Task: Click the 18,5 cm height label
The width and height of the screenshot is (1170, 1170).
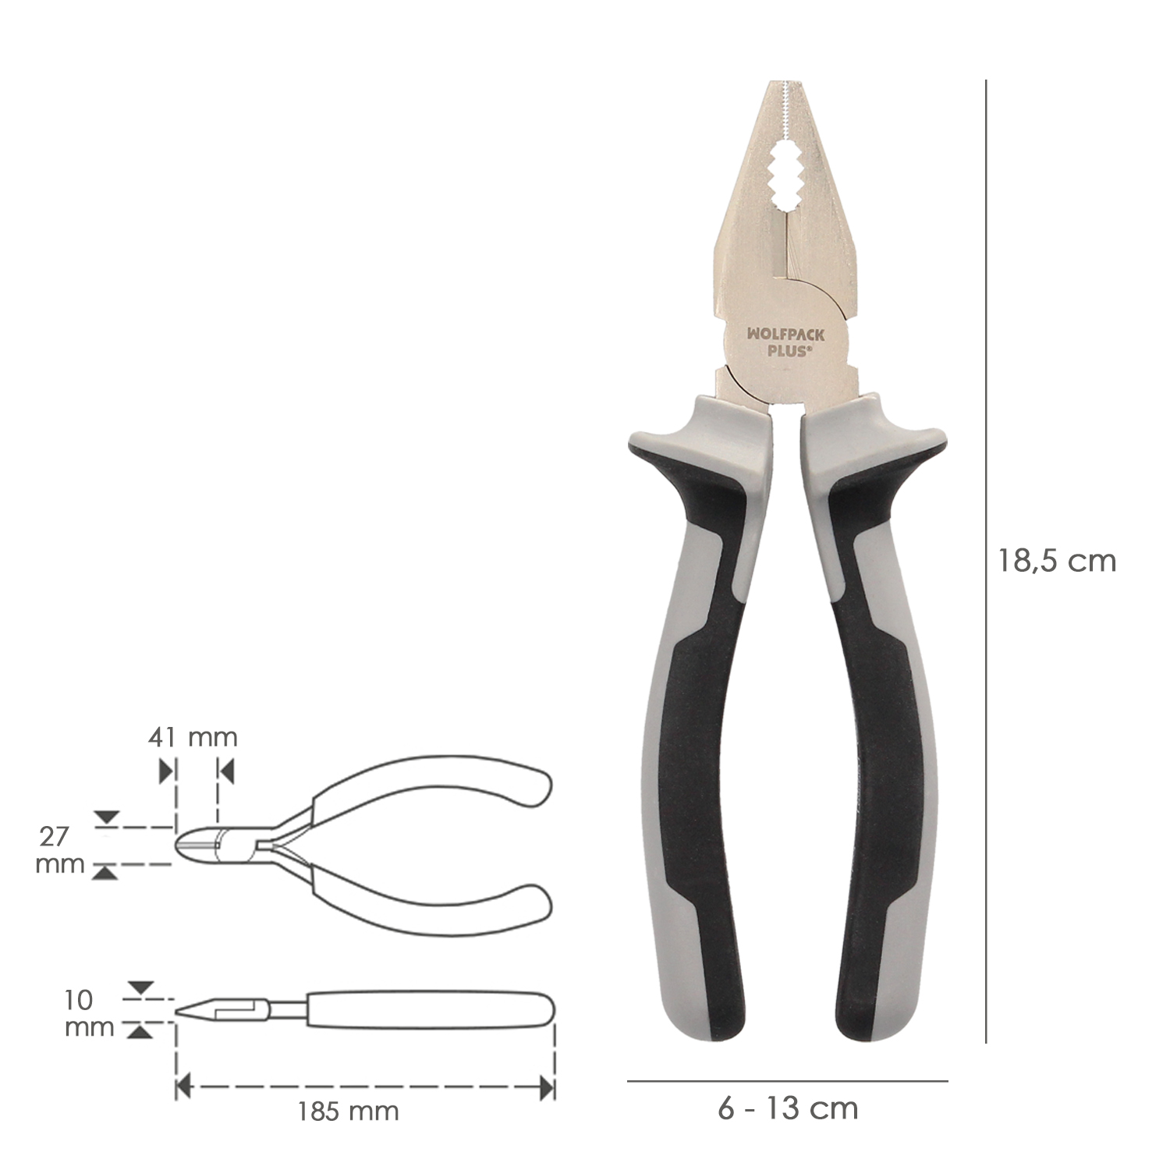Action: [1057, 560]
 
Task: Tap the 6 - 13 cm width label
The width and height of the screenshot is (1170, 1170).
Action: [788, 1108]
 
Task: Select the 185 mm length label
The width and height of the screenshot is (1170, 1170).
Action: [348, 1111]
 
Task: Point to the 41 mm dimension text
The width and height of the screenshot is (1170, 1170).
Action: [193, 736]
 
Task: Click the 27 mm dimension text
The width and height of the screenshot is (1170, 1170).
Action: [60, 850]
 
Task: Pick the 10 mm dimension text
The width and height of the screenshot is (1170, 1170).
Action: [89, 1013]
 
